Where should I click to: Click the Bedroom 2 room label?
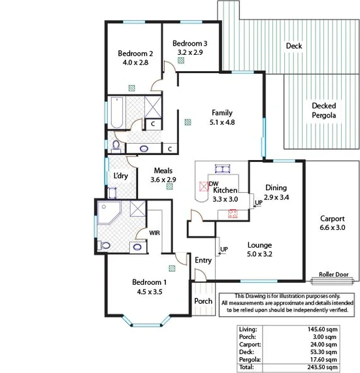pos(135,54)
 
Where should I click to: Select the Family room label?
pos(221,112)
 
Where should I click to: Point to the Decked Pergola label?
pos(324,110)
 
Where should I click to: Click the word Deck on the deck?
pos(294,46)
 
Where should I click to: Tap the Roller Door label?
pos(332,274)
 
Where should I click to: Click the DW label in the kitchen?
pos(214,184)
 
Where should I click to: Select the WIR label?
pos(155,233)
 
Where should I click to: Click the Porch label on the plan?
pos(203,301)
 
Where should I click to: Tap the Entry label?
pos(203,261)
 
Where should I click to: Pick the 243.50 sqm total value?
pos(324,367)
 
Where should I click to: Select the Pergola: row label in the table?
pos(252,359)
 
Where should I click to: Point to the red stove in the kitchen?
pos(233,212)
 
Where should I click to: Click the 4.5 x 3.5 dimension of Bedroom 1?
pos(150,291)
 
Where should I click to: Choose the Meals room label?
pos(163,171)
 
